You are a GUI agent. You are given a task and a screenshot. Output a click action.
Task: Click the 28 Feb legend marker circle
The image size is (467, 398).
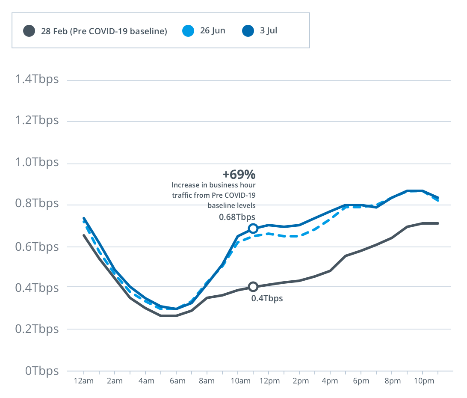29,31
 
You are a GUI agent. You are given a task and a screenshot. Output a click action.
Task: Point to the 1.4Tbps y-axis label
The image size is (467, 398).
36,79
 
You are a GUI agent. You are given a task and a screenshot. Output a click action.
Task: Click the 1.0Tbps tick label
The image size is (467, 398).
36,163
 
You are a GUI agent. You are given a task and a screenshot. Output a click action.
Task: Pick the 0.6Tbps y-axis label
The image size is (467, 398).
36,247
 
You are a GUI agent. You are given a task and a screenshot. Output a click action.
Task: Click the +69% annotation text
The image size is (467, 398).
239,175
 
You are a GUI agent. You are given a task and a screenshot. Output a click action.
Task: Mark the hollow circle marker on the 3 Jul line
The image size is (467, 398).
253,229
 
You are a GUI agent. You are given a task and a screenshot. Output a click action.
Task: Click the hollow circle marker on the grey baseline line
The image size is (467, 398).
253,287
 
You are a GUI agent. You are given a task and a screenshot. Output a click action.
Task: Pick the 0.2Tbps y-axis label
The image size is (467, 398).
36,329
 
